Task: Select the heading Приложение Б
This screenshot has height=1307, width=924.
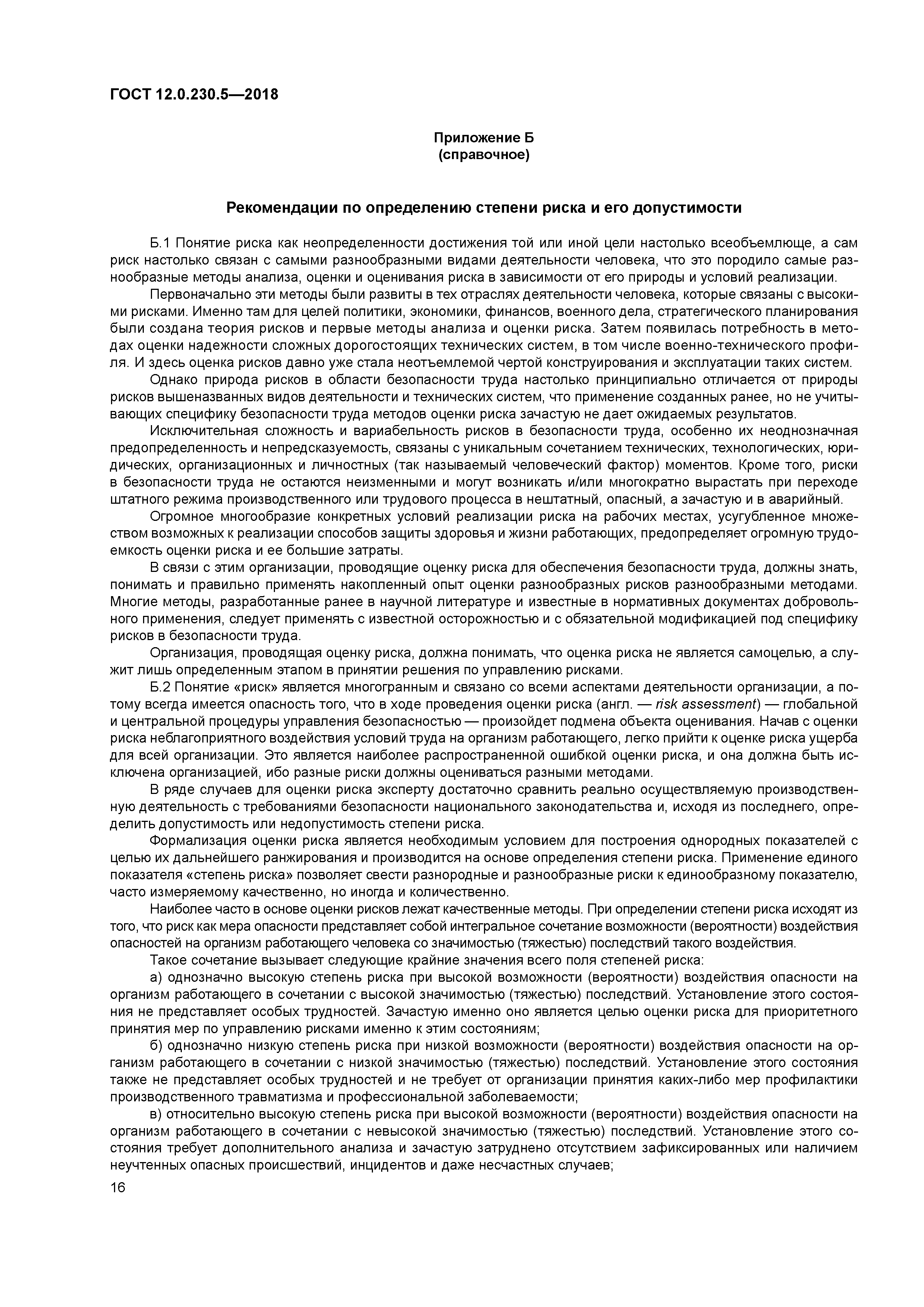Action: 484,138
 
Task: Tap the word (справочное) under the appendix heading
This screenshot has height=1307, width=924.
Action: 484,155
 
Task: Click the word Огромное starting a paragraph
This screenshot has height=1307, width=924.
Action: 179,517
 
